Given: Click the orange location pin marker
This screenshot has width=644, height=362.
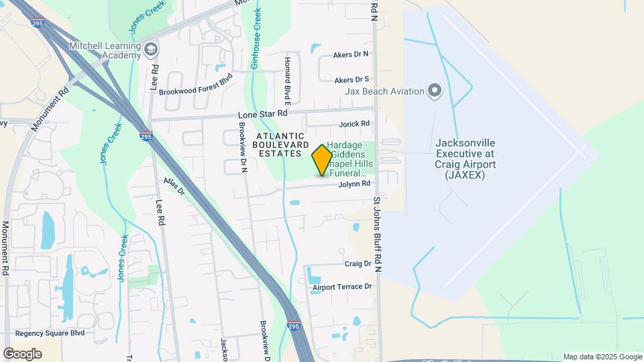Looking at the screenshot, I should [322, 160].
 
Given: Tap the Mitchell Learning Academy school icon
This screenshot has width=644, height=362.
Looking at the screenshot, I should [151, 48].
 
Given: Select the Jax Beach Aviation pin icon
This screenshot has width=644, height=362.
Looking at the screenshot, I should [435, 90].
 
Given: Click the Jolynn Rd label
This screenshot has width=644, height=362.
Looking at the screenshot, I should [354, 184].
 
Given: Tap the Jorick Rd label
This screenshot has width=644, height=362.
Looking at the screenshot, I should [354, 124].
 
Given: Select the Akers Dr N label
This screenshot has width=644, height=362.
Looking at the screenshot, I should [352, 54].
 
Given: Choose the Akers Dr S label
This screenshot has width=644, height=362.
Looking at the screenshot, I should [352, 79].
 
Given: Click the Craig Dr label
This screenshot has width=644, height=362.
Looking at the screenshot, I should [358, 264].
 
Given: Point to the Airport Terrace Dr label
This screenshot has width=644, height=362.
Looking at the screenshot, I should [341, 287].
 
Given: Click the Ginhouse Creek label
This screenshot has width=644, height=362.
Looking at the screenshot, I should [256, 40].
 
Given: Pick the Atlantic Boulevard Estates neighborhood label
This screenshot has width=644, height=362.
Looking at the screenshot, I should [282, 144].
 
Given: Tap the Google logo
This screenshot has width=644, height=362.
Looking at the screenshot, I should [23, 354].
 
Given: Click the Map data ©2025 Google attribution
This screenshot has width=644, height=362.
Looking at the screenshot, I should [601, 357].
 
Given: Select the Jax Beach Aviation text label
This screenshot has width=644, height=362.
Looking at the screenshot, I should [384, 91].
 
